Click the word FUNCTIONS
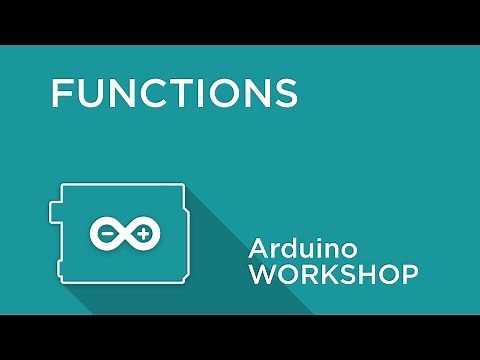click(174, 92)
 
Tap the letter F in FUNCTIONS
click(62, 92)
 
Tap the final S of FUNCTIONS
click(286, 92)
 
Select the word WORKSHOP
click(333, 275)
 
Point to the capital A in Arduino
click(258, 248)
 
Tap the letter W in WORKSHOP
click(262, 275)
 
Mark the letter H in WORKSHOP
click(370, 275)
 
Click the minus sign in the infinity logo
click(106, 234)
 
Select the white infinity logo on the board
click(124, 234)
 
